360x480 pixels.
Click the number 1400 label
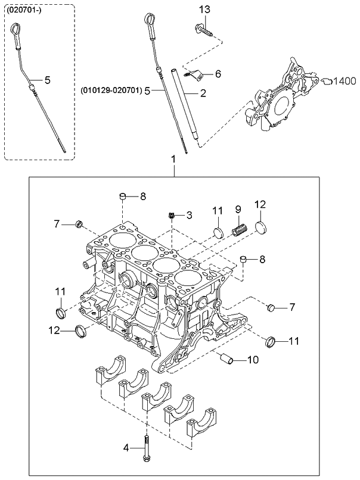[345, 80]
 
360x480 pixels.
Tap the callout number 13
[204, 10]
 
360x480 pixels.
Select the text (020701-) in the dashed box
[23, 11]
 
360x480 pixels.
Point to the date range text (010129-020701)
[111, 91]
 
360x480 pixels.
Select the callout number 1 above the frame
[173, 160]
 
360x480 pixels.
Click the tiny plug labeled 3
[171, 214]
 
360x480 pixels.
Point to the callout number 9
[237, 209]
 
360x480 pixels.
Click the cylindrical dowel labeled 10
[227, 359]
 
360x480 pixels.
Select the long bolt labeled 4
[146, 447]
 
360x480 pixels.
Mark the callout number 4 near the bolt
[125, 448]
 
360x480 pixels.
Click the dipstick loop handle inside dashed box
[15, 30]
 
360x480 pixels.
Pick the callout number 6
[218, 74]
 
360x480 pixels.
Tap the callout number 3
[189, 214]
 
